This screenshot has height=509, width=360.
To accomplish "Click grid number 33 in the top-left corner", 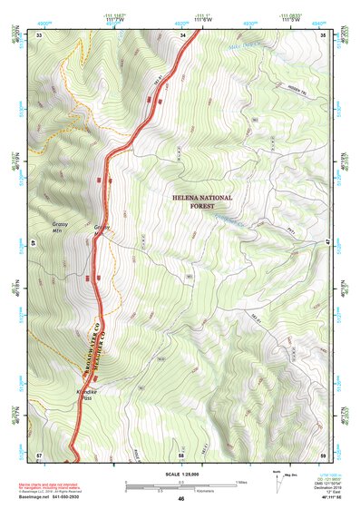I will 40,34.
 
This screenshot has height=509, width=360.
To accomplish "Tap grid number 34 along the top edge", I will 183,34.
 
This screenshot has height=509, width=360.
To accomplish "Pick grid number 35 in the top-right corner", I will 324,34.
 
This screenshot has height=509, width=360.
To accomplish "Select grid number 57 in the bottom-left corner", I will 39,452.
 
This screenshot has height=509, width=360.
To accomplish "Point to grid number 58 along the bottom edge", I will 181,452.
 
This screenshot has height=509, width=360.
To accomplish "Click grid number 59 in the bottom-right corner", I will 324,452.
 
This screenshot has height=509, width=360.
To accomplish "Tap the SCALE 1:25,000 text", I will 180,473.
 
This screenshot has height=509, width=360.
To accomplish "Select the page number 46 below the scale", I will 180,499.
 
